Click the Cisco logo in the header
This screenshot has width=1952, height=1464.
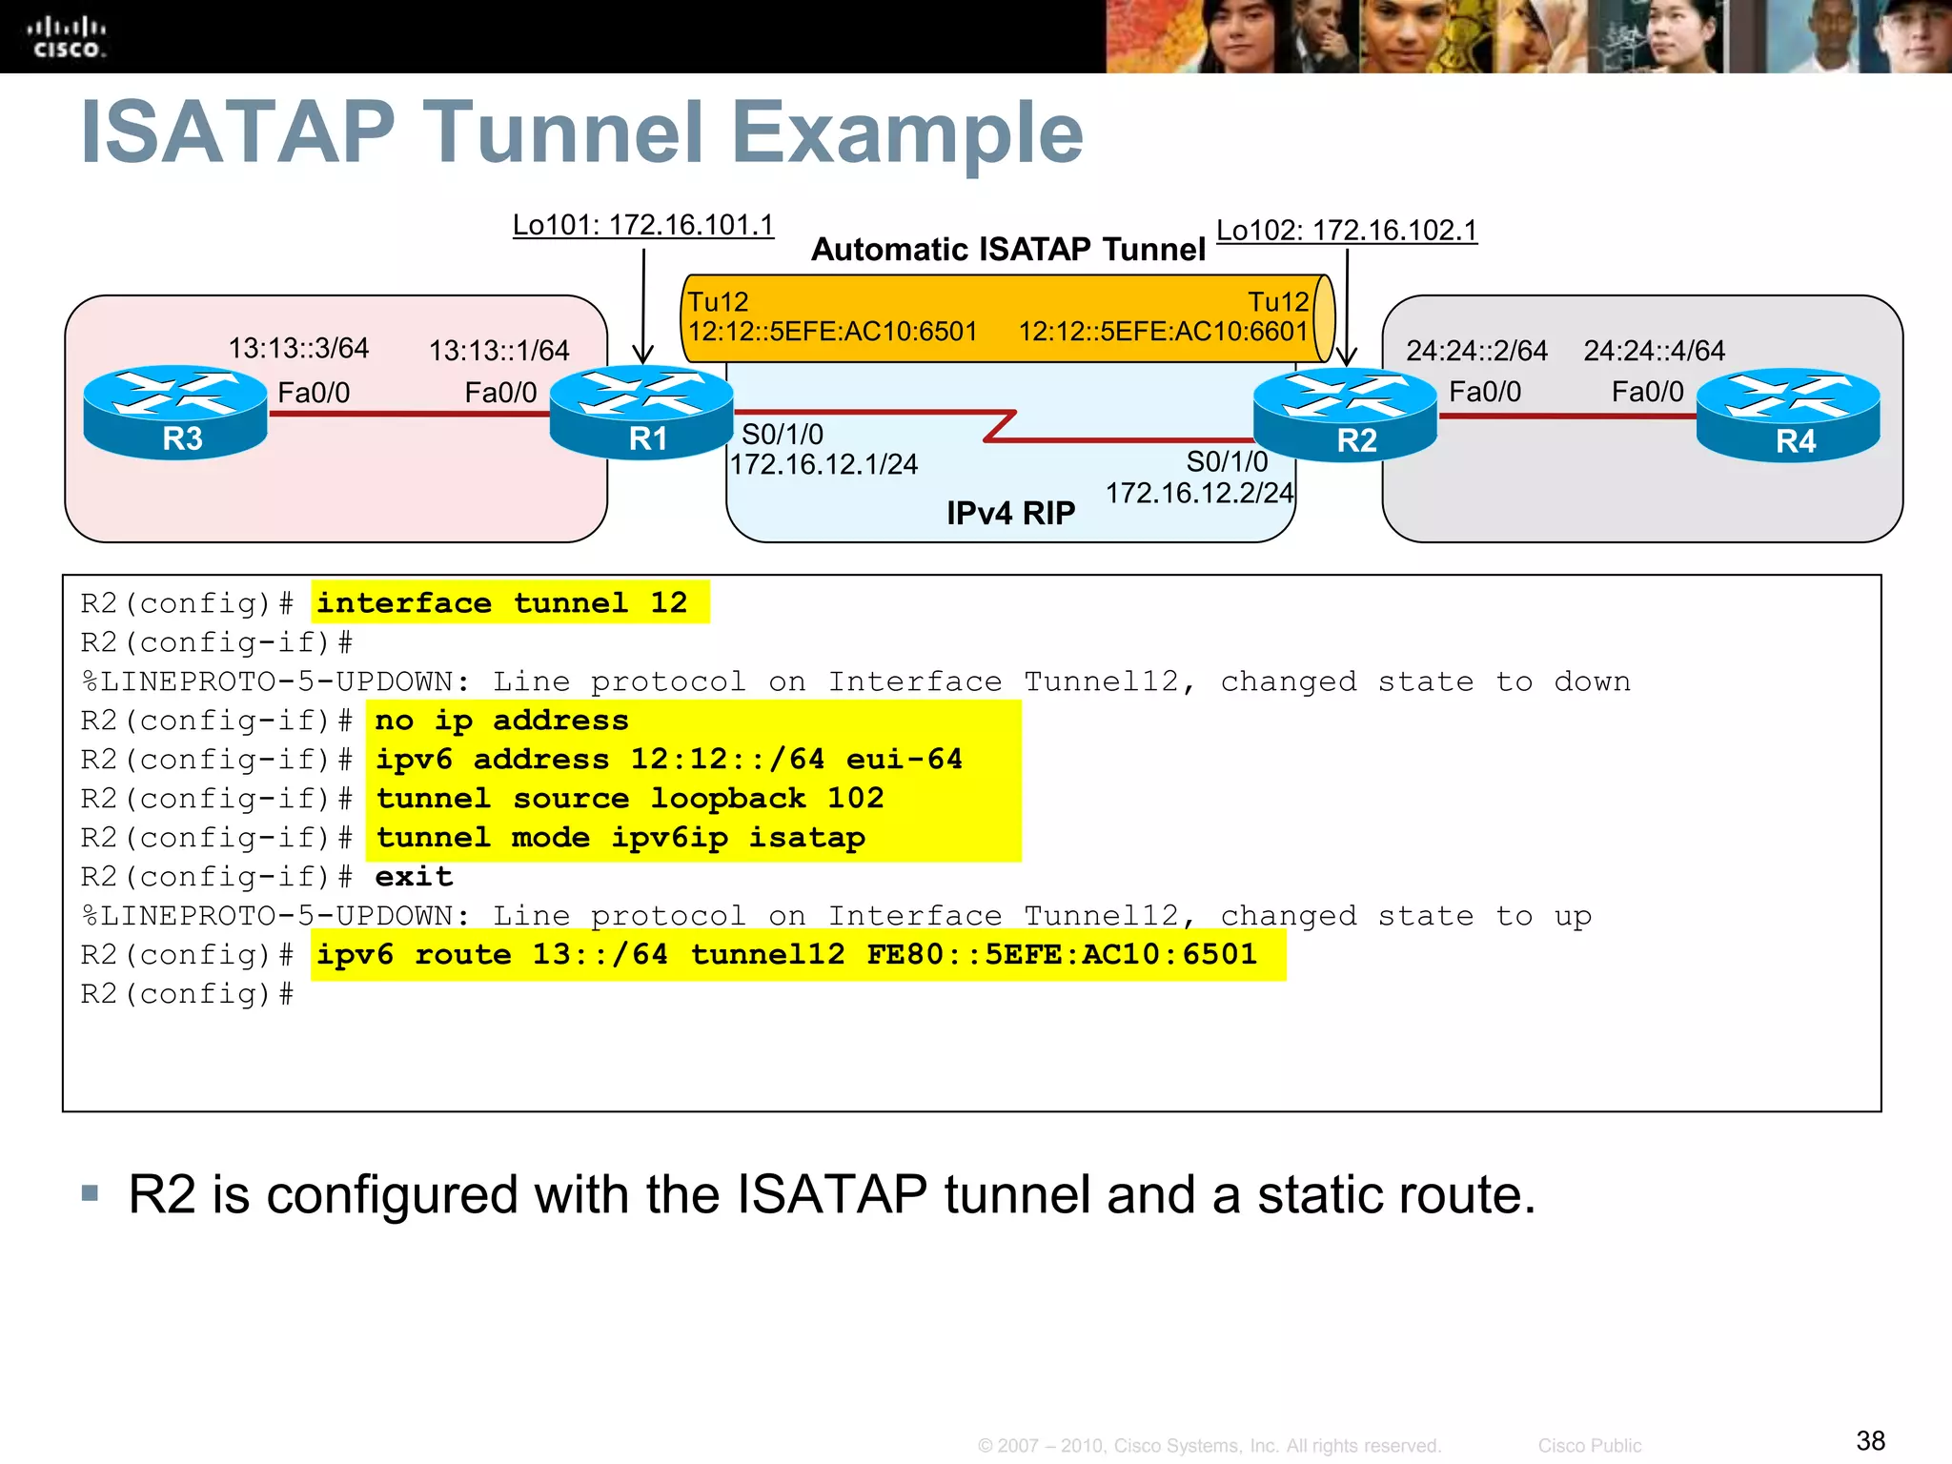click(x=66, y=38)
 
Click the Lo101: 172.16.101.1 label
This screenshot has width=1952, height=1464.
click(x=643, y=225)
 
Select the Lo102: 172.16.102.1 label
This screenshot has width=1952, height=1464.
click(x=1347, y=231)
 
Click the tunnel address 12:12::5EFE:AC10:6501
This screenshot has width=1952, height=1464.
click(x=833, y=332)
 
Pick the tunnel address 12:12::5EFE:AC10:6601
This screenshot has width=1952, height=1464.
click(x=1163, y=332)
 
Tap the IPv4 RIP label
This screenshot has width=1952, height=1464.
click(x=1010, y=514)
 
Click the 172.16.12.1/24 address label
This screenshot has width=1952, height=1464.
click(x=823, y=464)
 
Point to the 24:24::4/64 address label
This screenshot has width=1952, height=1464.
click(x=1654, y=351)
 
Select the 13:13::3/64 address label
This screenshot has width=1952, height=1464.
click(x=298, y=348)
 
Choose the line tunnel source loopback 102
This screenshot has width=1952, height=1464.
click(x=630, y=798)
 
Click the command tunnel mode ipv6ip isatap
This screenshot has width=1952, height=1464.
click(x=620, y=838)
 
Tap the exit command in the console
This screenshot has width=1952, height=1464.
click(x=414, y=877)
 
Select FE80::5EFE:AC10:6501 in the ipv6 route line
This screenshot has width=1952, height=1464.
click(x=1062, y=954)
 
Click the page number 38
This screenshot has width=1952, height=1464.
click(x=1870, y=1440)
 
